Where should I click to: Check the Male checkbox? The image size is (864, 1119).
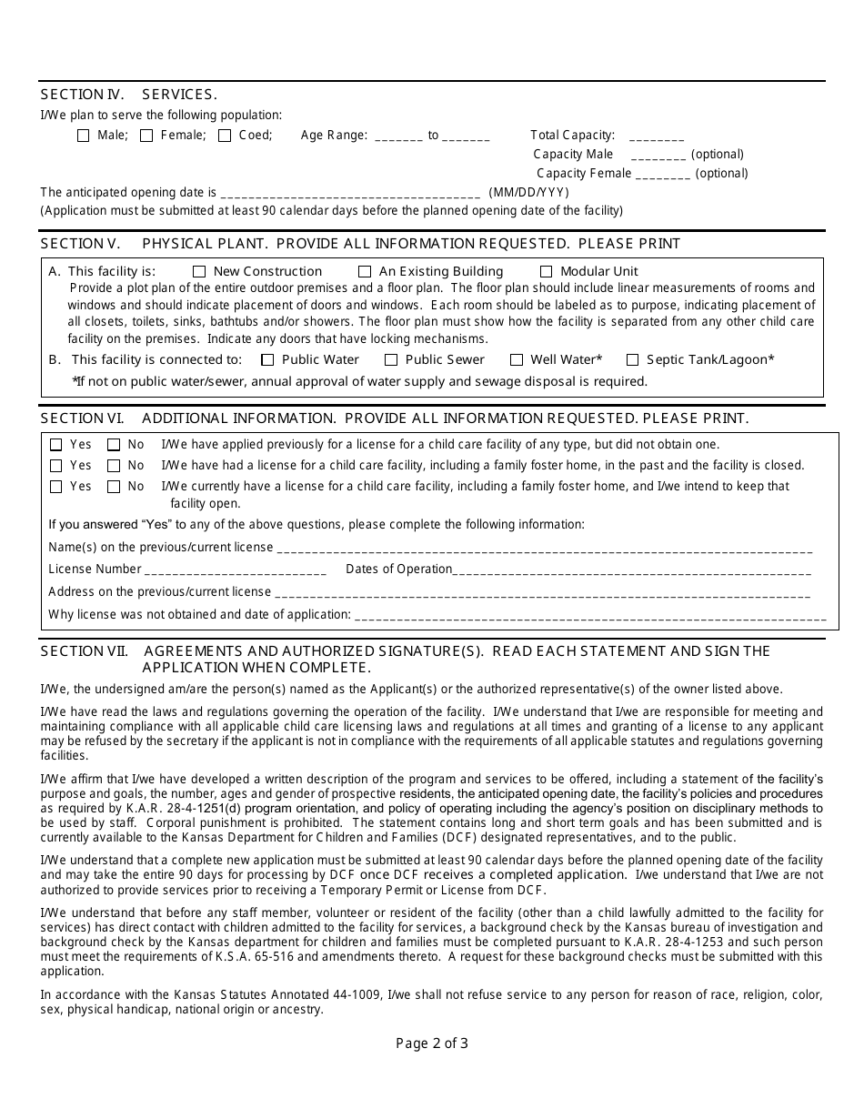(84, 136)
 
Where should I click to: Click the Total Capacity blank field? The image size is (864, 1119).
(656, 136)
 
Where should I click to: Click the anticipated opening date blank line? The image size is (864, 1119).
(350, 194)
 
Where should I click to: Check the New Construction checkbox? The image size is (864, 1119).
(199, 271)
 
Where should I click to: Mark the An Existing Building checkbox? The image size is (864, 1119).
(365, 271)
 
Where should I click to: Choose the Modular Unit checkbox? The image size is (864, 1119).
(547, 271)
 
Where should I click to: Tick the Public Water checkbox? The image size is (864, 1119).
(267, 360)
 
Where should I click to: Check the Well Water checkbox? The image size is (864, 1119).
(517, 360)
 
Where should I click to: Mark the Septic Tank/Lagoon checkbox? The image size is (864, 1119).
(632, 360)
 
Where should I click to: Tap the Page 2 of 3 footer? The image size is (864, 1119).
(432, 1043)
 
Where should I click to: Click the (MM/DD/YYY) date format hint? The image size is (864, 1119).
(528, 192)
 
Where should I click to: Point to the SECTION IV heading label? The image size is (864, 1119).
(83, 95)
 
